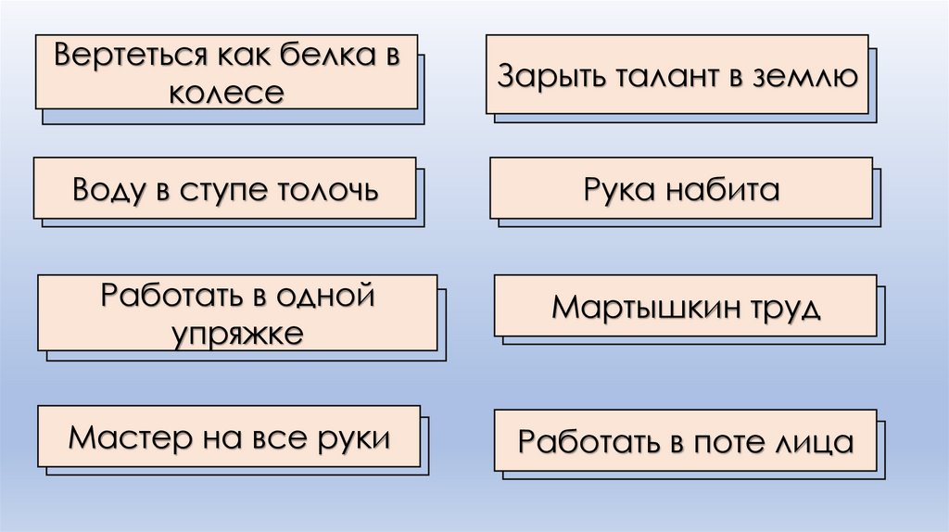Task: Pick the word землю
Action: coord(804,76)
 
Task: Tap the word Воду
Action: coord(106,192)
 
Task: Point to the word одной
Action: coord(326,297)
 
